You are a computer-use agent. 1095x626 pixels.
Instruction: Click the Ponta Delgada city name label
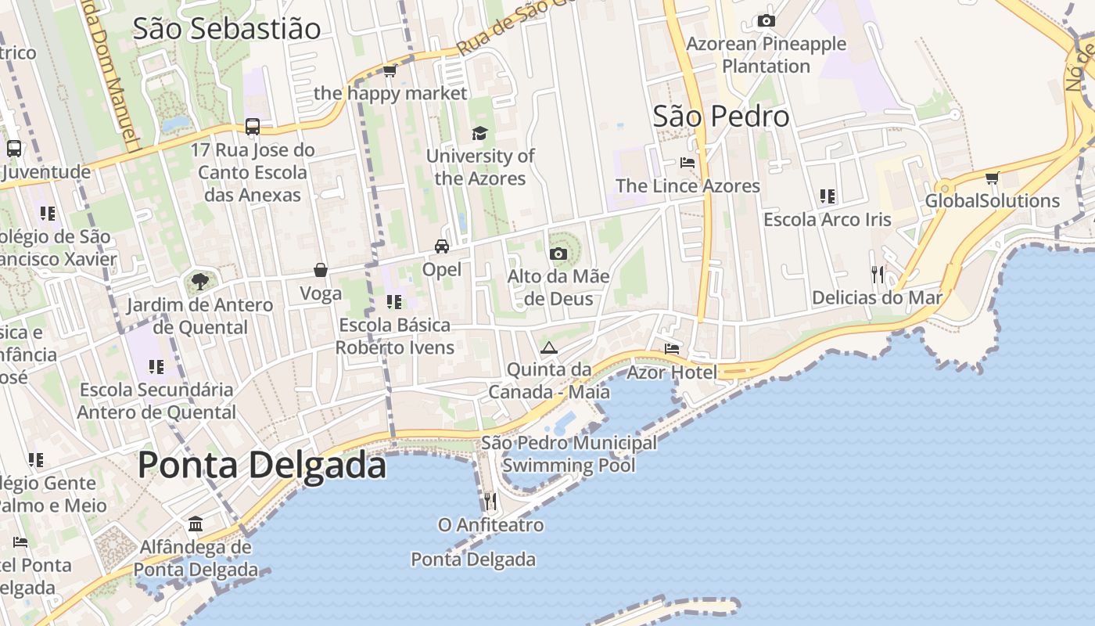point(262,466)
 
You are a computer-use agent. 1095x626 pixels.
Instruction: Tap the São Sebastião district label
point(227,28)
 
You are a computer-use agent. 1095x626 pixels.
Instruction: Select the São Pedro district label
point(721,117)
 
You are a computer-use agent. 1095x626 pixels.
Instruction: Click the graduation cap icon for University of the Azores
point(479,134)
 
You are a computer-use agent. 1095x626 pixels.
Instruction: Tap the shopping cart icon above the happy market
point(390,71)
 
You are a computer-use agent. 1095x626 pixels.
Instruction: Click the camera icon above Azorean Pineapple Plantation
point(766,21)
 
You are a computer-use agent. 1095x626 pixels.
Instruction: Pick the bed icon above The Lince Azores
point(688,163)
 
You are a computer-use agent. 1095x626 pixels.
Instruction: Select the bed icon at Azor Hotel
point(672,349)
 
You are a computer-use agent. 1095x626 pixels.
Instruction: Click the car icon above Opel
point(442,246)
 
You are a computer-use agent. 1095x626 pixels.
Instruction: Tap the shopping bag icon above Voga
point(321,271)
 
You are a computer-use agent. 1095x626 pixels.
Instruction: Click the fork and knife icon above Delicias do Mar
point(878,274)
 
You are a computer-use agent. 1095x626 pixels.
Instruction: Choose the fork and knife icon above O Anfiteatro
point(490,501)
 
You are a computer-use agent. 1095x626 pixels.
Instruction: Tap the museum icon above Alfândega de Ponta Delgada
point(196,523)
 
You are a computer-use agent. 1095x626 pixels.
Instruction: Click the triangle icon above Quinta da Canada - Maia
point(549,347)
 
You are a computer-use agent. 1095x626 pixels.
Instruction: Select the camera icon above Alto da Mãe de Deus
point(558,254)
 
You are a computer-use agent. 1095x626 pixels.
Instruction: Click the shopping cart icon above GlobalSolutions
point(993,178)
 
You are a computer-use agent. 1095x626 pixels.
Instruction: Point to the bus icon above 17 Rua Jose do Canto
point(253,126)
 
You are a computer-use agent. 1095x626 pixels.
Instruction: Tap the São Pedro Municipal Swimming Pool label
point(569,454)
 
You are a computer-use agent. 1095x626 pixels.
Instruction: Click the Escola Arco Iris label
point(828,220)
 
